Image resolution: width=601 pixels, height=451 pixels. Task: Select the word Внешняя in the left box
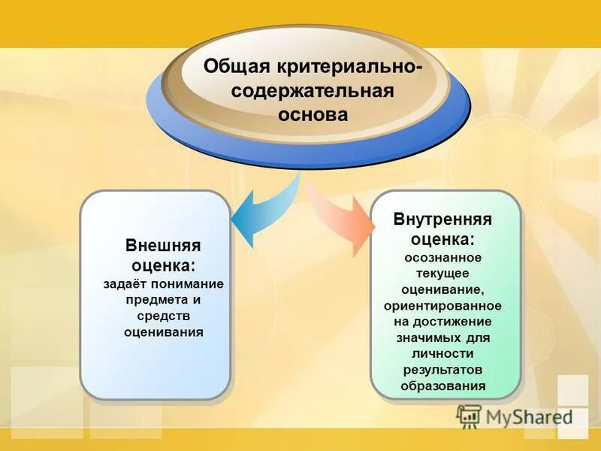coord(162,246)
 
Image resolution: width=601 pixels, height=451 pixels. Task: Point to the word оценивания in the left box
coord(163,331)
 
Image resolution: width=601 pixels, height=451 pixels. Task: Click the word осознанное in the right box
coord(442,257)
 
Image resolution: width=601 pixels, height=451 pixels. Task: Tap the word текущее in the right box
coord(442,273)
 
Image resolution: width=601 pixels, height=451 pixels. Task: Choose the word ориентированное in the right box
coord(442,306)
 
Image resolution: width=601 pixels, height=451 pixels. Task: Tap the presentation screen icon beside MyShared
coord(469,416)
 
